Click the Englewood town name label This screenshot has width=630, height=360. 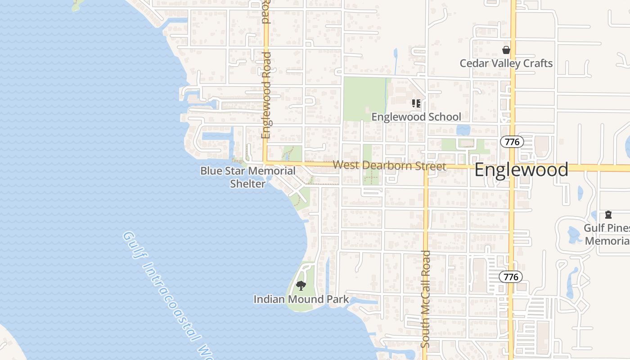[x=521, y=170]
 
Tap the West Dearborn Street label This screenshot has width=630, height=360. [x=389, y=166]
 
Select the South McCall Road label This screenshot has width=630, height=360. [x=426, y=299]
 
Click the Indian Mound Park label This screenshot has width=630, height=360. [x=301, y=299]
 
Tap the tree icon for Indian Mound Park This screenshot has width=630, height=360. [x=301, y=285]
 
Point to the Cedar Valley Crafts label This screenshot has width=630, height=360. [x=506, y=63]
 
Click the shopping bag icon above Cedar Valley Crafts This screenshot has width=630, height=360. [x=506, y=49]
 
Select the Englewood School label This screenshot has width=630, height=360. [x=416, y=117]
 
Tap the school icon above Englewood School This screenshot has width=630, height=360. [x=416, y=103]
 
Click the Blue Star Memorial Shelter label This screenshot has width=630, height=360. [x=248, y=177]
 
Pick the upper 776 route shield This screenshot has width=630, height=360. [x=512, y=142]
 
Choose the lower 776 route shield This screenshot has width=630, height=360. [x=511, y=277]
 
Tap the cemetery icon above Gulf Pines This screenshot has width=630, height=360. [x=608, y=214]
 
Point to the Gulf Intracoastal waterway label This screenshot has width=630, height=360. [x=166, y=292]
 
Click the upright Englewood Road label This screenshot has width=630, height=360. [x=266, y=95]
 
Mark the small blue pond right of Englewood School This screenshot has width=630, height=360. [x=463, y=130]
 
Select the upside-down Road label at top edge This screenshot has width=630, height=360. [x=265, y=11]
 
